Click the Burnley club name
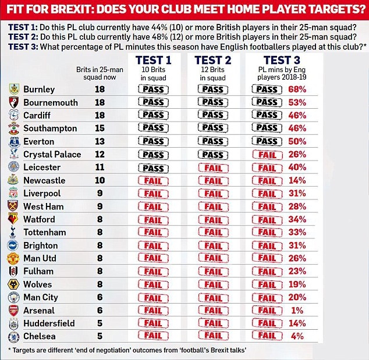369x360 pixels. pyautogui.click(x=39, y=90)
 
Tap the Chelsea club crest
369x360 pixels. pyautogui.click(x=12, y=337)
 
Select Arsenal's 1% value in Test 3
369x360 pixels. pyautogui.click(x=297, y=311)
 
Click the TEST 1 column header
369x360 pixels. pyautogui.click(x=154, y=59)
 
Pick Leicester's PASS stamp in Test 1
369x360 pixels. pyautogui.click(x=153, y=168)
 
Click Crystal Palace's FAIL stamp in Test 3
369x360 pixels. pyautogui.click(x=267, y=155)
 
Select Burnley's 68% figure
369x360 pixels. pyautogui.click(x=297, y=90)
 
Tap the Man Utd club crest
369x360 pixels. pyautogui.click(x=12, y=258)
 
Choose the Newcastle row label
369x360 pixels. pyautogui.click(x=44, y=180)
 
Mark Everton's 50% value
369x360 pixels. pyautogui.click(x=297, y=141)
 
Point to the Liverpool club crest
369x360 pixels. pyautogui.click(x=12, y=193)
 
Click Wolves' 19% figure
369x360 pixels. pyautogui.click(x=297, y=284)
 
